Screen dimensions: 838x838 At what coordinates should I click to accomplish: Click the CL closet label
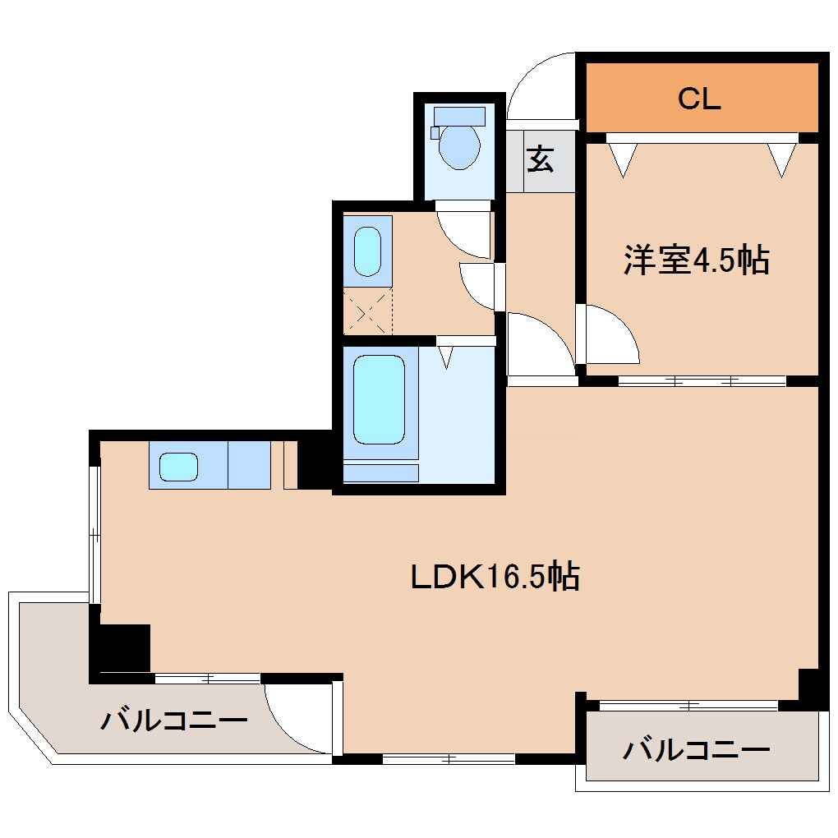coord(699,99)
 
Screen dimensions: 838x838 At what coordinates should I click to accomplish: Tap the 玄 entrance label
coord(540,159)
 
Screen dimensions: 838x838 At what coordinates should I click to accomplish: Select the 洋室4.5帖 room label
coord(696,260)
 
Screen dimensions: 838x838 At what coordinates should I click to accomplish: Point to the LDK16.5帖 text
coord(495,577)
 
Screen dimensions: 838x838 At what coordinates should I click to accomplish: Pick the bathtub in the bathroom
coord(379,399)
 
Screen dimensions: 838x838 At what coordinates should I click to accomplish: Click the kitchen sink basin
coord(178,467)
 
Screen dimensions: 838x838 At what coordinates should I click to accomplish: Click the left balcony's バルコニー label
coord(174,721)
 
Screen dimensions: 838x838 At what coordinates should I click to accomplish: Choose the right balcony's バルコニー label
coord(696,749)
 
